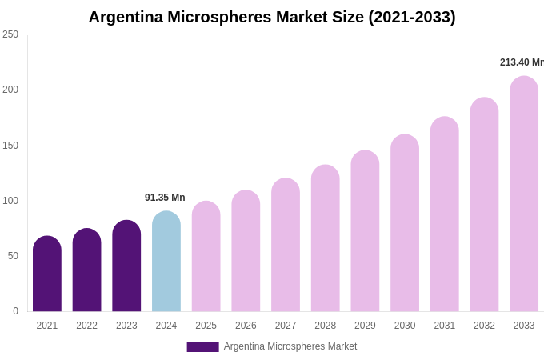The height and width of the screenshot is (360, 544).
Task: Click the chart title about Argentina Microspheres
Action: coord(272,17)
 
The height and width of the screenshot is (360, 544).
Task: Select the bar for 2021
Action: coord(47,274)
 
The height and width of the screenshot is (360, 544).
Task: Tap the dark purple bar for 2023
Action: coord(126,266)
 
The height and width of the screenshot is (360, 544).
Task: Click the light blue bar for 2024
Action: coord(166,262)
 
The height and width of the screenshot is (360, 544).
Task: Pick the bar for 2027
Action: coord(286,245)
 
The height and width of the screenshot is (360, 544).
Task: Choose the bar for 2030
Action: coord(405,223)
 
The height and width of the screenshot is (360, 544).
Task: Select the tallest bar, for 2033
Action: coord(524,194)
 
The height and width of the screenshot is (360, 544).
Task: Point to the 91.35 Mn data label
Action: coord(165,198)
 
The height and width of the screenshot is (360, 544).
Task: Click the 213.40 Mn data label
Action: coord(521,62)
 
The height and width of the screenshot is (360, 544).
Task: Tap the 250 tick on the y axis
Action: coord(10,34)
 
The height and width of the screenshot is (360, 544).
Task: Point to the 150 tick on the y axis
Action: coord(10,146)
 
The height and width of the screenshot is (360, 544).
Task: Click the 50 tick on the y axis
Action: coord(13,256)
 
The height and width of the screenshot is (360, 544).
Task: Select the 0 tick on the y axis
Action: coord(15,311)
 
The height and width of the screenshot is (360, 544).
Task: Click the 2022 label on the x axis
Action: coord(86,326)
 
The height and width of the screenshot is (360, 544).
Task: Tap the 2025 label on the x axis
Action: coord(206,326)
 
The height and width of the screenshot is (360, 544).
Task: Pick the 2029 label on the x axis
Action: coord(365,326)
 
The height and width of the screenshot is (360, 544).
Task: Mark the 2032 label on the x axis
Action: coord(484,326)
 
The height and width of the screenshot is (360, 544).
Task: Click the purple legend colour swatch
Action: coord(202,347)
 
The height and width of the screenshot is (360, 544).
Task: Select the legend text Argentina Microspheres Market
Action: coord(290,346)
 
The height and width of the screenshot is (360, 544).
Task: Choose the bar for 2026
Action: coord(246,251)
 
